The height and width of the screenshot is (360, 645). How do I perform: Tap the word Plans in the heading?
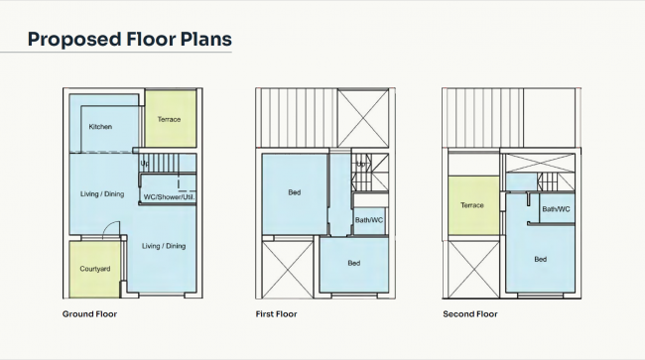(203, 40)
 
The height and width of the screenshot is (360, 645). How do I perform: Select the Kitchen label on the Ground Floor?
(100, 127)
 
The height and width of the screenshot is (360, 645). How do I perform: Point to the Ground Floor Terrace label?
(170, 120)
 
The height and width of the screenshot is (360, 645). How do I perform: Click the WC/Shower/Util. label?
(170, 196)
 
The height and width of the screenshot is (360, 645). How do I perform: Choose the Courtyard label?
(93, 270)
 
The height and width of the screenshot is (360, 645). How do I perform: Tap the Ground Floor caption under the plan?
(89, 314)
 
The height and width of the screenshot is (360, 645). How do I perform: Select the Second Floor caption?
(470, 314)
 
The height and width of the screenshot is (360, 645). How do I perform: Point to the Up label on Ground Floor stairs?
(145, 164)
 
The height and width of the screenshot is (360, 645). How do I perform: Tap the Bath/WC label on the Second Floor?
(556, 209)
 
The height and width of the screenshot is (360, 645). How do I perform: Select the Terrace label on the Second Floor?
(472, 205)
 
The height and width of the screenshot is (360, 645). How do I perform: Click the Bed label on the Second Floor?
(540, 260)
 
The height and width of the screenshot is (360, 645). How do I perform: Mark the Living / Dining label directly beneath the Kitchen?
(102, 193)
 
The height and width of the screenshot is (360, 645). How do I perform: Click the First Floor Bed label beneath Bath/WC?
(353, 263)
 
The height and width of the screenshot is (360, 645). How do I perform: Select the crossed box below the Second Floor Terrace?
(471, 268)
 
